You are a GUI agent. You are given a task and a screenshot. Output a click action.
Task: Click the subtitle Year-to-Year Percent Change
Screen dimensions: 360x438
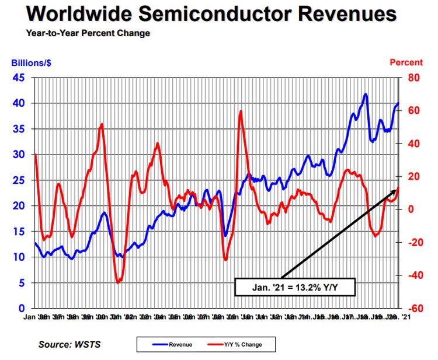(88, 33)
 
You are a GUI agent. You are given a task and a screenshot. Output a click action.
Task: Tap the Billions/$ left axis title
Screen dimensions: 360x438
(27, 62)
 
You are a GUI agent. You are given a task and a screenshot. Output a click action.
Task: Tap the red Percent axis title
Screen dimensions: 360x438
(406, 62)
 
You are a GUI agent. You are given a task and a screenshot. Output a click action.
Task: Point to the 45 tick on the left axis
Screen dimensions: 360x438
(19, 78)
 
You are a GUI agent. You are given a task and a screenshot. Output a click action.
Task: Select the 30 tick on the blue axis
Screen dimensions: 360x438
(19, 155)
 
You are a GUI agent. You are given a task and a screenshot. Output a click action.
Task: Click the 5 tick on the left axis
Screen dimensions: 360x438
(22, 282)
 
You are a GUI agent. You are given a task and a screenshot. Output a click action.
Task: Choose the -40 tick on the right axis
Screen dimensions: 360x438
(412, 275)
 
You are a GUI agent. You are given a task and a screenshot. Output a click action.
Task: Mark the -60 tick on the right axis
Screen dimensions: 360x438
(412, 308)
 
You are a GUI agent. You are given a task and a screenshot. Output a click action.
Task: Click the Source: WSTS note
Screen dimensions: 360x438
(69, 344)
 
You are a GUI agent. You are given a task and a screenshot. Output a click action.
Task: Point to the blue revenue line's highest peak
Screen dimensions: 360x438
(366, 93)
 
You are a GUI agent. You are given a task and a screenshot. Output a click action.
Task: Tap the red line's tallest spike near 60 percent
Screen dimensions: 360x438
(241, 111)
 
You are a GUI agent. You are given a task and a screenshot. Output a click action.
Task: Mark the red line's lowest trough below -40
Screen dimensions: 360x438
(118, 282)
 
